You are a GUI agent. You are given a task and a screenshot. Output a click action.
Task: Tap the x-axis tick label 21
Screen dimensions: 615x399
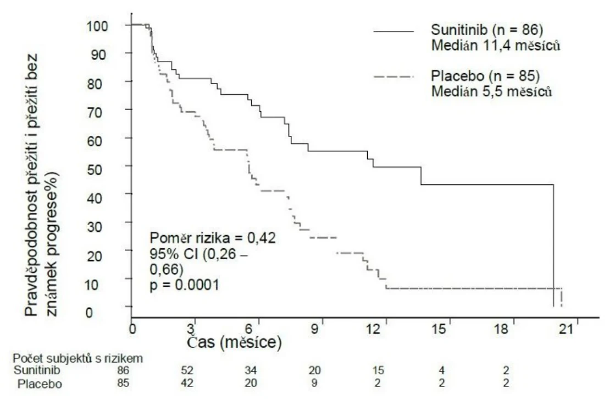[566, 329]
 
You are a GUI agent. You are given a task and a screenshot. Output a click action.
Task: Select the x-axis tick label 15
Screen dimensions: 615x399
[439, 329]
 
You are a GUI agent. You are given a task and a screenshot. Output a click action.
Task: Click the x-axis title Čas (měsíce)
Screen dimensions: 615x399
[234, 342]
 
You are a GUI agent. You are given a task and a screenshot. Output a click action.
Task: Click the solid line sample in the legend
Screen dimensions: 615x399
[394, 31]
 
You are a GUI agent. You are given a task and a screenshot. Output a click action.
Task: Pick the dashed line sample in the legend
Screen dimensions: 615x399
[394, 76]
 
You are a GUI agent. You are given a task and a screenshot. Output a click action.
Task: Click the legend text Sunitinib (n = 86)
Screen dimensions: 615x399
[487, 30]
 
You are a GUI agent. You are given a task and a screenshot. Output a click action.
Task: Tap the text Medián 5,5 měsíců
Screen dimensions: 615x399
[492, 91]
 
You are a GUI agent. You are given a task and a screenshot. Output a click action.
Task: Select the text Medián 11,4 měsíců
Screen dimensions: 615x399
[496, 46]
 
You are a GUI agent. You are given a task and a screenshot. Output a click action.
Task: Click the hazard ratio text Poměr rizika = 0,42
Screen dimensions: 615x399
[213, 238]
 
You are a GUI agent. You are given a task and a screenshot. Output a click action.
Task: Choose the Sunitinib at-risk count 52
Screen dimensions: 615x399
[187, 370]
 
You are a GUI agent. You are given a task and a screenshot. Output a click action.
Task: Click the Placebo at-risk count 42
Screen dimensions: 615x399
[187, 383]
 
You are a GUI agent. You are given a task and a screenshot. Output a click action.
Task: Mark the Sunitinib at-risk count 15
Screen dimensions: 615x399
[378, 370]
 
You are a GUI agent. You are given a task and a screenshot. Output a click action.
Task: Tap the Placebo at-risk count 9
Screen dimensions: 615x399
[314, 383]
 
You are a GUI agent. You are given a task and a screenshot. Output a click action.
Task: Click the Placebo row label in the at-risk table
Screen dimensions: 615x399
[40, 384]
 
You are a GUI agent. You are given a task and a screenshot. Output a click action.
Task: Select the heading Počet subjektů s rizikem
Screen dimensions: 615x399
[77, 359]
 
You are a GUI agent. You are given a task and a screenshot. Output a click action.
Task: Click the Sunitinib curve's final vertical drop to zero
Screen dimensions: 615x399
[553, 245]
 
